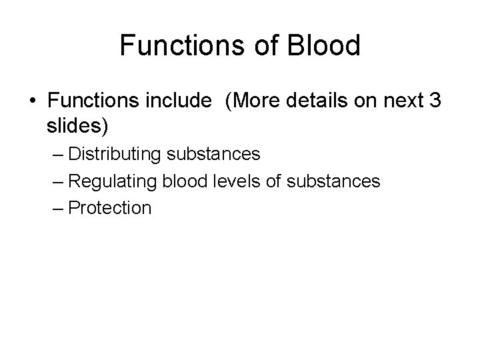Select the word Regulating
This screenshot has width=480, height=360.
(111, 181)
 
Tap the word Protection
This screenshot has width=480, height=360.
(110, 208)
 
